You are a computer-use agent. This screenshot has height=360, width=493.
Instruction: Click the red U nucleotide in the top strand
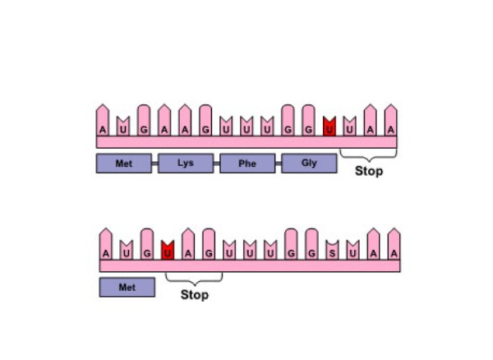(329, 127)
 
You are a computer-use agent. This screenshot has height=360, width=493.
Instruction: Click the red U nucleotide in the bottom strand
(168, 250)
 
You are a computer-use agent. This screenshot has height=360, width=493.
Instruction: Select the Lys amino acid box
(186, 164)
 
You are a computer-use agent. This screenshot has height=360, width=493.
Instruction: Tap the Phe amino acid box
(247, 164)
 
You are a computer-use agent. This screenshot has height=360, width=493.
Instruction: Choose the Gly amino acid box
(309, 164)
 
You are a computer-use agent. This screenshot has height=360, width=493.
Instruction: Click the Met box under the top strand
(124, 164)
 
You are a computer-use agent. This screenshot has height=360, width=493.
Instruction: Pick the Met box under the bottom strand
(127, 288)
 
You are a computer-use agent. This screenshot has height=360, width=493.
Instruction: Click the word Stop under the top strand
(369, 171)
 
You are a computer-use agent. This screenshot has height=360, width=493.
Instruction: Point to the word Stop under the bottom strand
(195, 295)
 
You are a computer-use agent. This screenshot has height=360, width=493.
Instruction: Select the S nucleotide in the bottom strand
(332, 250)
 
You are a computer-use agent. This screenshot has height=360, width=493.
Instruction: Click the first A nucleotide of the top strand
(103, 121)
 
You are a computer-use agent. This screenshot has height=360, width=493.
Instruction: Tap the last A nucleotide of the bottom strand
(394, 244)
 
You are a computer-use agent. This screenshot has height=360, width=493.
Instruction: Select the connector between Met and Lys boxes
(155, 164)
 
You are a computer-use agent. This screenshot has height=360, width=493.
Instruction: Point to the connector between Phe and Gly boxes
(279, 164)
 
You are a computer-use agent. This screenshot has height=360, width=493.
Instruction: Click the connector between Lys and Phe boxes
(217, 164)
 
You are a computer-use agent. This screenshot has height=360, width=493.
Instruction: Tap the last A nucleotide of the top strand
(391, 121)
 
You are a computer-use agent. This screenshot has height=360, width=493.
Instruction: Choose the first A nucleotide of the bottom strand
(106, 244)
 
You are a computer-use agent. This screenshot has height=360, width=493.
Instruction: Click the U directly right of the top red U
(350, 127)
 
